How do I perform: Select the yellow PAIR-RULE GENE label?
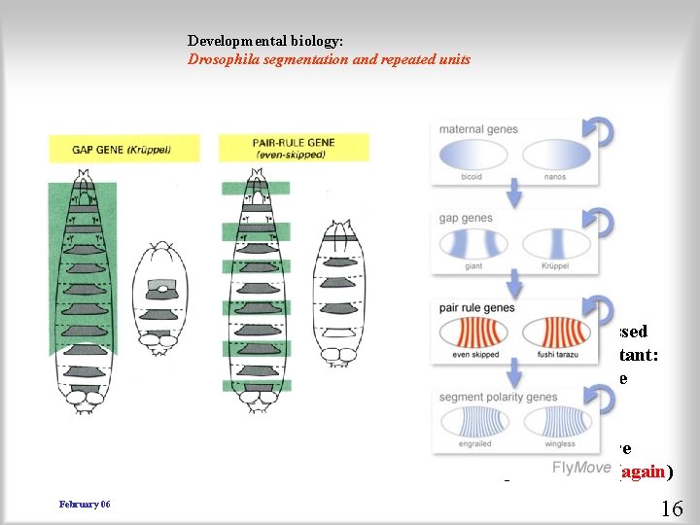tap(293, 148)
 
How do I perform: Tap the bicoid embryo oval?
tap(472, 157)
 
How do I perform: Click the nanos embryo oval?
tap(555, 157)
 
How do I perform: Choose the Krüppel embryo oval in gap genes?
tap(555, 244)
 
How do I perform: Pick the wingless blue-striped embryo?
tap(555, 423)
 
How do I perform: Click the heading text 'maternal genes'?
tap(478, 129)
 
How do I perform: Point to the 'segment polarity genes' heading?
tap(499, 397)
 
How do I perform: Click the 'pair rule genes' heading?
tap(477, 308)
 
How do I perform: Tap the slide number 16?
tap(671, 507)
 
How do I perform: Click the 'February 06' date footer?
tap(85, 504)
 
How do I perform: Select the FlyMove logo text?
tap(581, 469)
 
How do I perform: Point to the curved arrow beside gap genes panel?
tap(603, 225)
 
